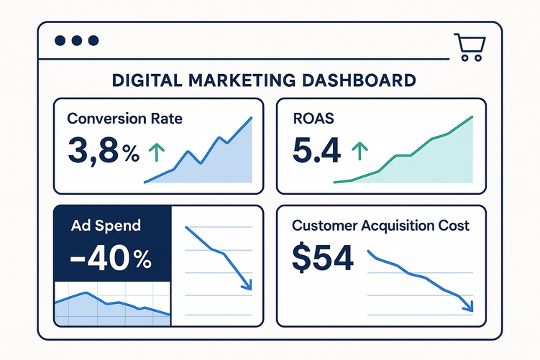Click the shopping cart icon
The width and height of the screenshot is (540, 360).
(468, 47)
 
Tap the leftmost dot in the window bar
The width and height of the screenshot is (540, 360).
(60, 41)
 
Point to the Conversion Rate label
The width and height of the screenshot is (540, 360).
(124, 119)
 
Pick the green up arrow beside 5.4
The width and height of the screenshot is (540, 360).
(358, 152)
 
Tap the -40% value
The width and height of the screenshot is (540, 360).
(109, 258)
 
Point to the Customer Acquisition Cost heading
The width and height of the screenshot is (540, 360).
(380, 226)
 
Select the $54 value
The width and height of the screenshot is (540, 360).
(323, 258)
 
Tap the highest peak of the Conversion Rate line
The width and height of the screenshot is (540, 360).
(251, 118)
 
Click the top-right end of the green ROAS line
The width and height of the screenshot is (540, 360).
(472, 116)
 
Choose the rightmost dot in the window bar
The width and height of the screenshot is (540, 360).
(92, 41)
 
